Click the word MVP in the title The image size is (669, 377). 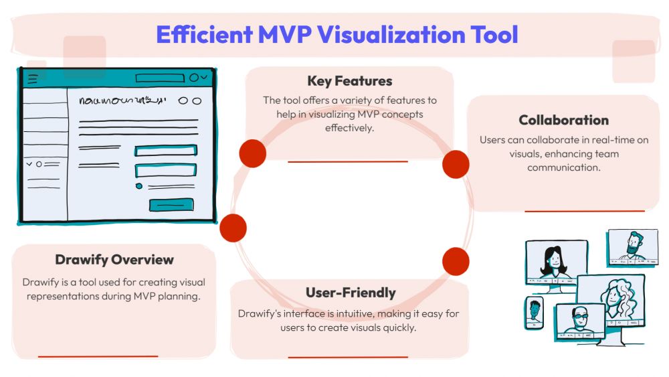coord(284,35)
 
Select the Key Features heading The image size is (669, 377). coord(349,81)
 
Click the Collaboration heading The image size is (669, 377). coord(563,121)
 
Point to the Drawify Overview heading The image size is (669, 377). coord(114,260)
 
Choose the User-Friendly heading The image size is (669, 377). coord(351,293)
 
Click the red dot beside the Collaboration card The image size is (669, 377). coord(456,164)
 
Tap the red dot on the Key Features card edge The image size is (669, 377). coord(253,153)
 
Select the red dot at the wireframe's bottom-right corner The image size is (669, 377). coord(233,228)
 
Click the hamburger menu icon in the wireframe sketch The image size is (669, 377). coord(33,78)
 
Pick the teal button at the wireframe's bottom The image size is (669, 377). coord(171,205)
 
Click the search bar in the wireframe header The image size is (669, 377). coord(160,78)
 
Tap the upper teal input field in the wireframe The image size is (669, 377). coord(165,151)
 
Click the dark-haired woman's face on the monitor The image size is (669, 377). coord(554,259)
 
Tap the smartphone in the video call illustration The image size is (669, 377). coord(534,313)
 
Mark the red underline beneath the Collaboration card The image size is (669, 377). coord(585,211)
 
